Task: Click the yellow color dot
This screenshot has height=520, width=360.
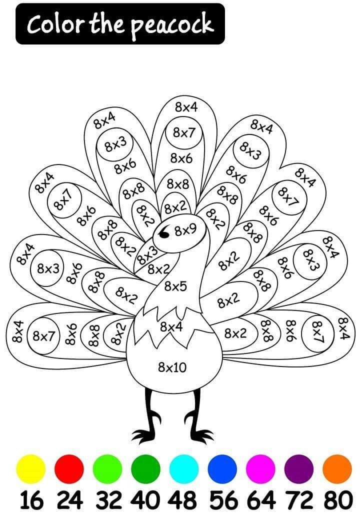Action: tap(31, 469)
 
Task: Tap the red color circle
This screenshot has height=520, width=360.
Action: tap(69, 469)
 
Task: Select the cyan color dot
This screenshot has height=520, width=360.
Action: tap(184, 469)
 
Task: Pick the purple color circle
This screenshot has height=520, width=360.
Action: tap(298, 469)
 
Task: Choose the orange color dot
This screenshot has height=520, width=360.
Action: tap(337, 469)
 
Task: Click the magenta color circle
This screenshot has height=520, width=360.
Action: tap(260, 469)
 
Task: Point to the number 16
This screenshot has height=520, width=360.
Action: tap(31, 500)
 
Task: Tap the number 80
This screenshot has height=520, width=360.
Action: tap(338, 500)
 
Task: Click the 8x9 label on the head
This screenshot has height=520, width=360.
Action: tap(185, 229)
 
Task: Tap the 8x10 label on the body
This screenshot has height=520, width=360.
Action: tap(172, 367)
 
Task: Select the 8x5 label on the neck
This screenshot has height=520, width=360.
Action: tap(175, 286)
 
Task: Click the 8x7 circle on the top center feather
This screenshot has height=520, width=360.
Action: tap(184, 133)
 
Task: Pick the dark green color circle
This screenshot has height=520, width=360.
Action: tap(145, 469)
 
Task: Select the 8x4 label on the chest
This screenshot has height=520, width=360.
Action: tap(171, 327)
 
